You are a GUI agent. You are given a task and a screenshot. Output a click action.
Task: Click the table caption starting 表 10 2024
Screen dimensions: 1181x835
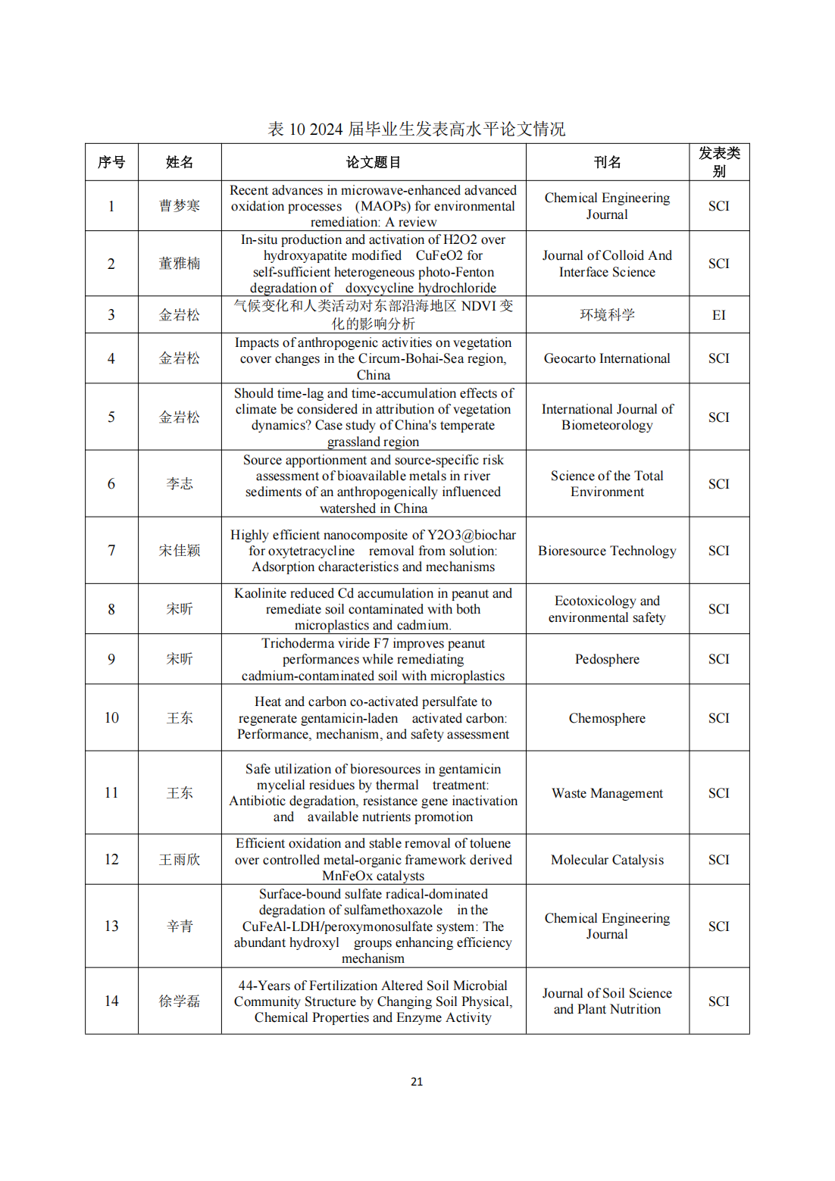[416, 129]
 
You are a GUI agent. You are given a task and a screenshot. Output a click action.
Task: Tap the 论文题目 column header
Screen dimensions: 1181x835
[373, 162]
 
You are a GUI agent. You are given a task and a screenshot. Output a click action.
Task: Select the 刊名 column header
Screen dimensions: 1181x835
[607, 162]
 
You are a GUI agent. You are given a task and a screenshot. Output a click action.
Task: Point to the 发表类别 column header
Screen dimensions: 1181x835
[718, 162]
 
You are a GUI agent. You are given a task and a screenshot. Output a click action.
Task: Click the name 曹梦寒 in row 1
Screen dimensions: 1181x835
[180, 206]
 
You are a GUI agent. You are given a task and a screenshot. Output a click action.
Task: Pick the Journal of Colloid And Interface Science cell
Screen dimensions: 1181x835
[607, 264]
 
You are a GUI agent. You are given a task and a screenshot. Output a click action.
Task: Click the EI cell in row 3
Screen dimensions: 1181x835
[718, 315]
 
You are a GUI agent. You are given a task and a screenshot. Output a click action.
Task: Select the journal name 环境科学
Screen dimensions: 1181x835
[607, 315]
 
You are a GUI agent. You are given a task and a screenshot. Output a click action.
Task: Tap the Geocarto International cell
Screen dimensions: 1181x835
[607, 358]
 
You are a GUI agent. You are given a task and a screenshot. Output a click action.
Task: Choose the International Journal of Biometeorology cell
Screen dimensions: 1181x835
[607, 417]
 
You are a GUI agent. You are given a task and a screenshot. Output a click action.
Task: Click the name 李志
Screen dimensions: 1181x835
[180, 484]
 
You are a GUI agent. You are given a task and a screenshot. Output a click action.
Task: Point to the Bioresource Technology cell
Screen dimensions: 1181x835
[607, 551]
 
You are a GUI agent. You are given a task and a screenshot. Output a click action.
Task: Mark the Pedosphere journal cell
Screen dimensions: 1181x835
[607, 659]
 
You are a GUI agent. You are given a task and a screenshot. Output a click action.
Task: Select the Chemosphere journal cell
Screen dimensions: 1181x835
[607, 718]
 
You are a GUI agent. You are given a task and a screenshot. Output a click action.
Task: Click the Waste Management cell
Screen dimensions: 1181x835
[607, 793]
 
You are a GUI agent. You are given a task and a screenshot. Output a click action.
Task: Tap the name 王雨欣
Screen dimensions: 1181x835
[180, 860]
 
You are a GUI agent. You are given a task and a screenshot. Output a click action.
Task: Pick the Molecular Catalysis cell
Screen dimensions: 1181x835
[607, 860]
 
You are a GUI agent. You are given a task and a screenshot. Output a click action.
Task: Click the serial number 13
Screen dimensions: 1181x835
[111, 926]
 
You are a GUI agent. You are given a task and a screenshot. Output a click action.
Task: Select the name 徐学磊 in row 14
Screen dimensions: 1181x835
[180, 1001]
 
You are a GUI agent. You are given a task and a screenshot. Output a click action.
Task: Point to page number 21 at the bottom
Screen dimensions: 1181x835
[417, 1082]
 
